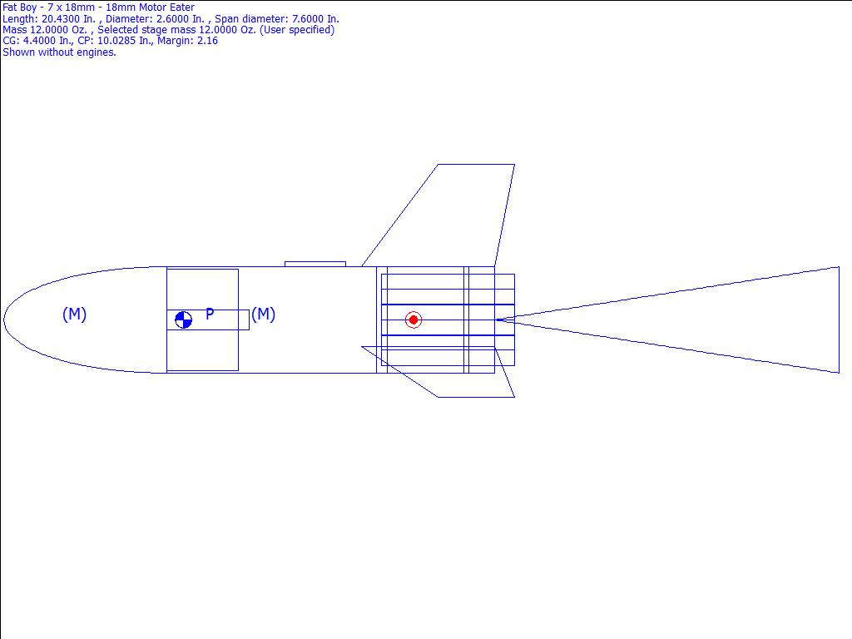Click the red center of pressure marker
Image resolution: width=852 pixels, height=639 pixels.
point(414,320)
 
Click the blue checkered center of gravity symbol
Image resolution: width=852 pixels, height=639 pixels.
point(184,319)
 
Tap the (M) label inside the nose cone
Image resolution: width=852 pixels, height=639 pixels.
point(74,314)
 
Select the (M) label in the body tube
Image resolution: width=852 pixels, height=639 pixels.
point(264,314)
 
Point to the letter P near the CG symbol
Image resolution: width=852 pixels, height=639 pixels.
point(210,314)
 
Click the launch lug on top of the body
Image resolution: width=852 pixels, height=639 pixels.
point(315,264)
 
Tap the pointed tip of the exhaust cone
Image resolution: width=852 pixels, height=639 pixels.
point(497,319)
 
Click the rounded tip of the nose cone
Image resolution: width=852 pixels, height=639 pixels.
point(4,319)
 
